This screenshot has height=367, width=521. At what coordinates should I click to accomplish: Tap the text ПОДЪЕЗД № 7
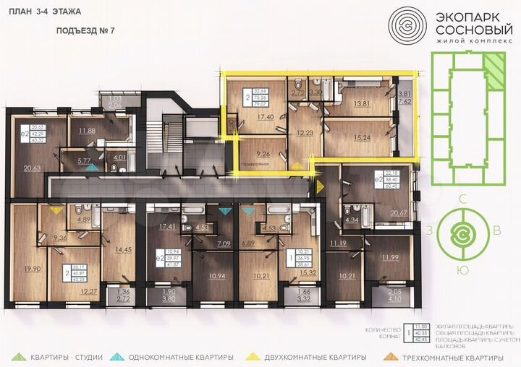click(x=85, y=32)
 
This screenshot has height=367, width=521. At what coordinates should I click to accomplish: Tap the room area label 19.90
click(x=30, y=269)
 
